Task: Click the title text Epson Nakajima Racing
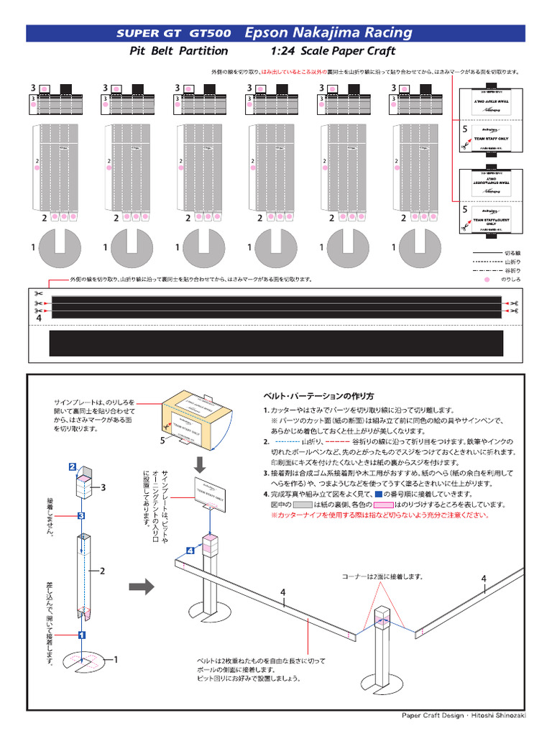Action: (x=328, y=32)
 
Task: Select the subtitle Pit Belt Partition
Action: (x=178, y=51)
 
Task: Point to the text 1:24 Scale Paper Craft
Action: (x=333, y=51)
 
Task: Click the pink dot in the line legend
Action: (x=486, y=278)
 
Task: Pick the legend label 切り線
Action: (x=510, y=254)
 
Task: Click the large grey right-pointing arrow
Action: (x=146, y=587)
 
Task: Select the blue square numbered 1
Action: (x=82, y=635)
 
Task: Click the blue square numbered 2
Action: (x=73, y=466)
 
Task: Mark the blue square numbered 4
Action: (x=190, y=551)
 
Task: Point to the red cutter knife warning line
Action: (x=379, y=515)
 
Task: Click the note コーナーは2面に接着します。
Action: (x=381, y=576)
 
